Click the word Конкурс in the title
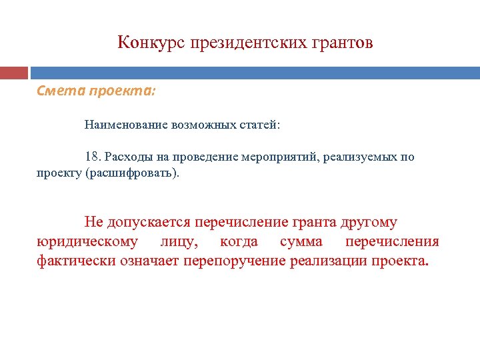pyautogui.click(x=151, y=43)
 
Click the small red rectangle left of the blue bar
pyautogui.click(x=13, y=73)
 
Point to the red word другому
pyautogui.click(x=368, y=222)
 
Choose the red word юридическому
pyautogui.click(x=88, y=241)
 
